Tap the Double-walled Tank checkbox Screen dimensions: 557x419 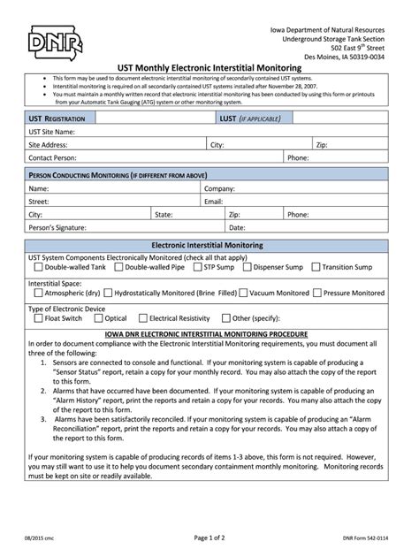[38, 266]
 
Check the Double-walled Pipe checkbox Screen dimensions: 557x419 [118, 266]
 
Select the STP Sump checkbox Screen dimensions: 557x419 [197, 266]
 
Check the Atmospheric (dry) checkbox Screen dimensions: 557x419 [38, 292]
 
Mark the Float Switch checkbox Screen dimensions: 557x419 [38, 318]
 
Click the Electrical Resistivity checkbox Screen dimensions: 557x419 [142, 318]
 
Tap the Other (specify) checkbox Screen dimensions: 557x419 [225, 318]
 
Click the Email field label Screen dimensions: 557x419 [214, 202]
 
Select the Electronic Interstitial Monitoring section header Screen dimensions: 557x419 [208, 244]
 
